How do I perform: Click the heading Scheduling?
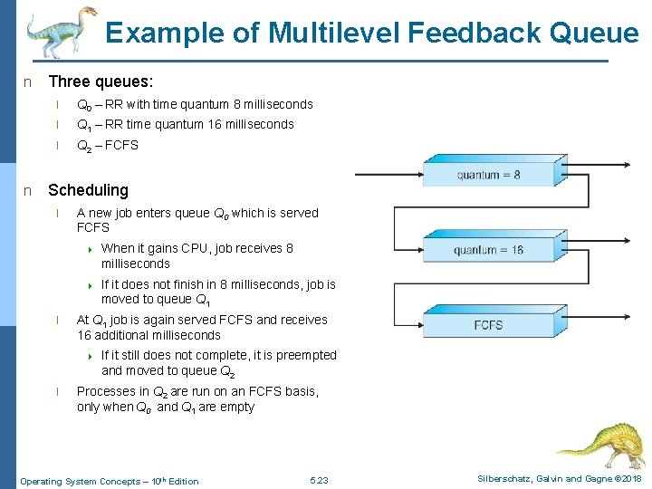[88, 190]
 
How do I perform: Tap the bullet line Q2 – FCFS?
[107, 145]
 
